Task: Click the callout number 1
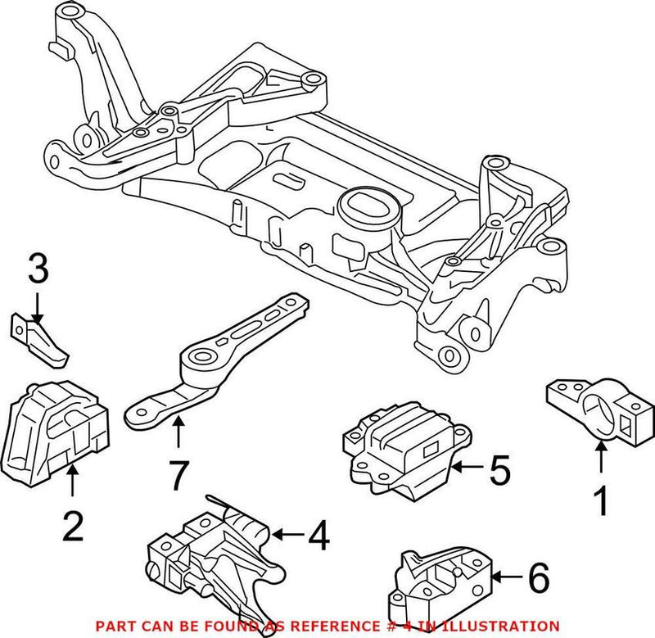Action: click(602, 500)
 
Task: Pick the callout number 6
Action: click(537, 581)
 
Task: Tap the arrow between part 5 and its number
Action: click(467, 468)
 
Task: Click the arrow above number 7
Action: click(178, 431)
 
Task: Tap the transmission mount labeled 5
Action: click(401, 446)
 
